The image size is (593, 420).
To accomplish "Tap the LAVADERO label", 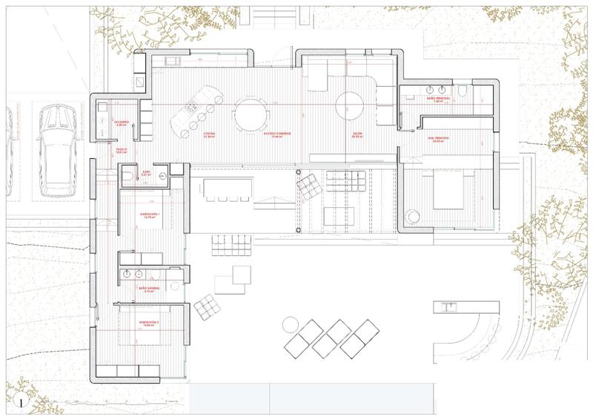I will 122,122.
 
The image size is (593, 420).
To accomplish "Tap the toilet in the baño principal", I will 462,93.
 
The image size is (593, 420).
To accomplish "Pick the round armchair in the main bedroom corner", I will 412,216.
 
